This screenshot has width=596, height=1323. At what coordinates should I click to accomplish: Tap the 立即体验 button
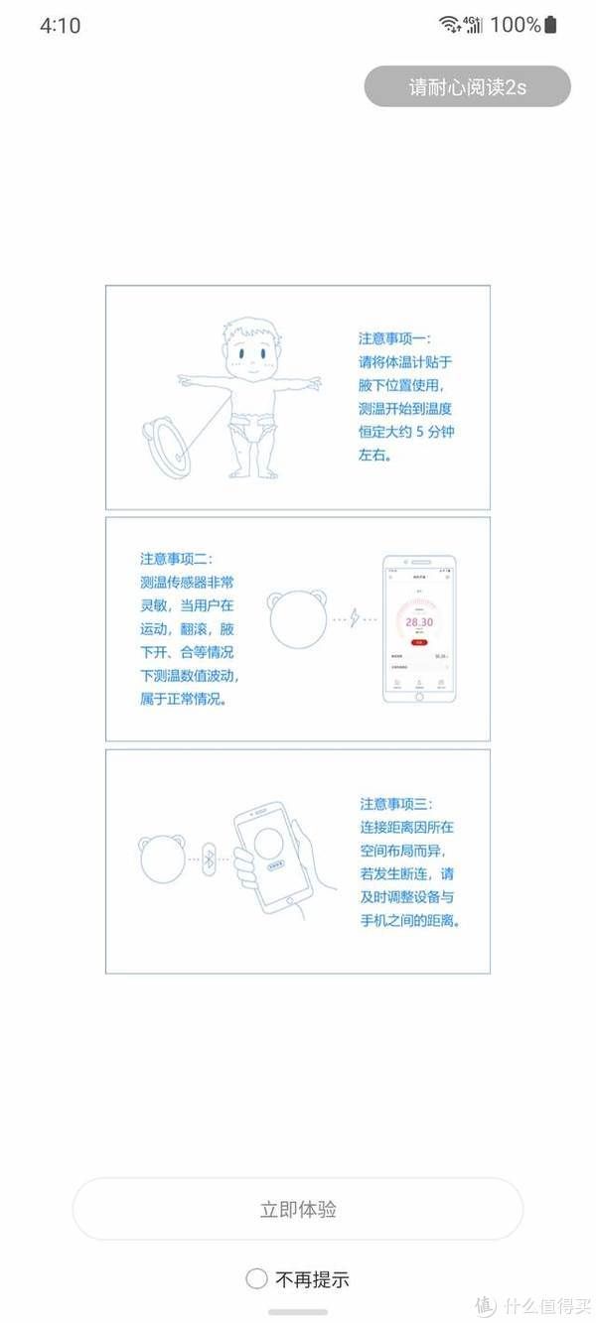[298, 1209]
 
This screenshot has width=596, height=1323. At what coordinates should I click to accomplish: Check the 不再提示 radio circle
[256, 1278]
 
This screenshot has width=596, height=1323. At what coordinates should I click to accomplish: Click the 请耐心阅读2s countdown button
[467, 86]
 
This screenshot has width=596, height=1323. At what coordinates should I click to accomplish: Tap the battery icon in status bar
[552, 25]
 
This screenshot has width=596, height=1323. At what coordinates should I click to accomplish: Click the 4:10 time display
[60, 26]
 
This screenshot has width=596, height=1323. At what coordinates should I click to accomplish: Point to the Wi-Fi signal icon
[450, 25]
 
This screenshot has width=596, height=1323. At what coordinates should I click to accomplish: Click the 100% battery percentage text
[515, 25]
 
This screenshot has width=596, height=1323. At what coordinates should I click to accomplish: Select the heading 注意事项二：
[176, 559]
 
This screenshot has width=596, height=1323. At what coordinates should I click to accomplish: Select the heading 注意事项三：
[396, 804]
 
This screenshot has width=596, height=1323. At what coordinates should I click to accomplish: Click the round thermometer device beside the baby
[167, 447]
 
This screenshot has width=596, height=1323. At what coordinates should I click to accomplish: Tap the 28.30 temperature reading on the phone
[419, 621]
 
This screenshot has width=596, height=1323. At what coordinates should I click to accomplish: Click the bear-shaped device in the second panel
[297, 621]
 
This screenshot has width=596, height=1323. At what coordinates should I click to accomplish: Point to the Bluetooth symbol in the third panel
[209, 859]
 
